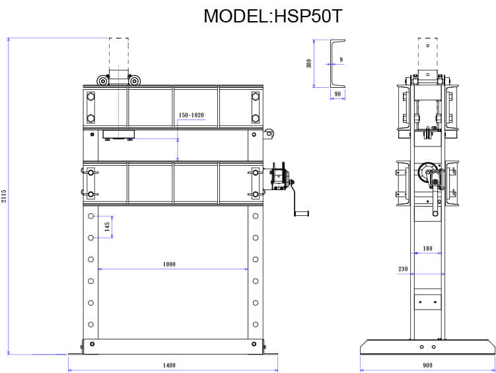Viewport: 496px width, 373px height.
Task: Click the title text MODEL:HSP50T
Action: click(273, 16)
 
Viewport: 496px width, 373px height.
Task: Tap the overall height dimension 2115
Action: click(4, 196)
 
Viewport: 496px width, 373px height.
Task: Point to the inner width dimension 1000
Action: click(169, 264)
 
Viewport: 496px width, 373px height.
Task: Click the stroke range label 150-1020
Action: click(191, 116)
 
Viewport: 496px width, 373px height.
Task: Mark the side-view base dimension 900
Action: click(427, 365)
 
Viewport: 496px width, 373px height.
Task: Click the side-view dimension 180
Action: click(427, 248)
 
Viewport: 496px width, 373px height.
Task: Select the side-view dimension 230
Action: click(404, 269)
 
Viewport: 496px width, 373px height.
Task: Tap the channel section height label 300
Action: click(308, 63)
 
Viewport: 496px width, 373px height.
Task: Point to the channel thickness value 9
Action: click(341, 60)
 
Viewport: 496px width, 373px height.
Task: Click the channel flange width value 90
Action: click(337, 94)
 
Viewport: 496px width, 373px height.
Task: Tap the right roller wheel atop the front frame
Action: click(135, 81)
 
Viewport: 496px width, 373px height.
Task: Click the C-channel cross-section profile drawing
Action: click(337, 63)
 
